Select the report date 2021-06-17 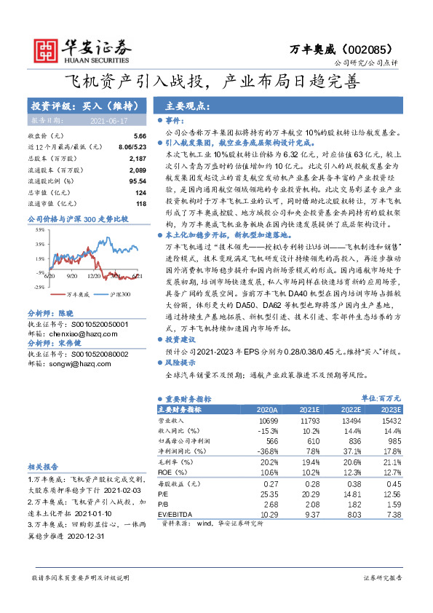(109, 121)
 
